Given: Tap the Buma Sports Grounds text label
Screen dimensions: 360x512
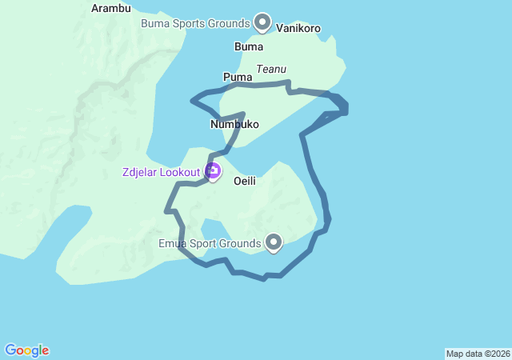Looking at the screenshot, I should point(196,23).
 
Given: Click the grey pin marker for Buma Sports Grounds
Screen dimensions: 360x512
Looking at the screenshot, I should point(262,21).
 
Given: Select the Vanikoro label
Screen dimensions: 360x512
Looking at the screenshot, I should point(298,28).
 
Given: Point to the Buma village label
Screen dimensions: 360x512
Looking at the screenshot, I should point(249,46).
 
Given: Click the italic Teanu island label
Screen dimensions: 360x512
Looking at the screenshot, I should point(272,70).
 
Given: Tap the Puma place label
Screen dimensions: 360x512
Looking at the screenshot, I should point(238,77).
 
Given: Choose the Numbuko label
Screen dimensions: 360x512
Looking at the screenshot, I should point(235,124).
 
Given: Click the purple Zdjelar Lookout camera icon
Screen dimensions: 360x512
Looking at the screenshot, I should point(213,170).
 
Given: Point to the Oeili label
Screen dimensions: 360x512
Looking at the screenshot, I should point(245,182).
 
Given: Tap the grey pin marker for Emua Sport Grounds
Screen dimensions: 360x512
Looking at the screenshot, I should point(274,241).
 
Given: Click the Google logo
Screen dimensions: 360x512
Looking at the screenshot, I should point(27,350).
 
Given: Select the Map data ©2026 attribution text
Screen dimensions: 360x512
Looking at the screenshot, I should point(477,354).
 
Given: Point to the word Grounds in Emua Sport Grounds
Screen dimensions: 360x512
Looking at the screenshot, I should point(242,243).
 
